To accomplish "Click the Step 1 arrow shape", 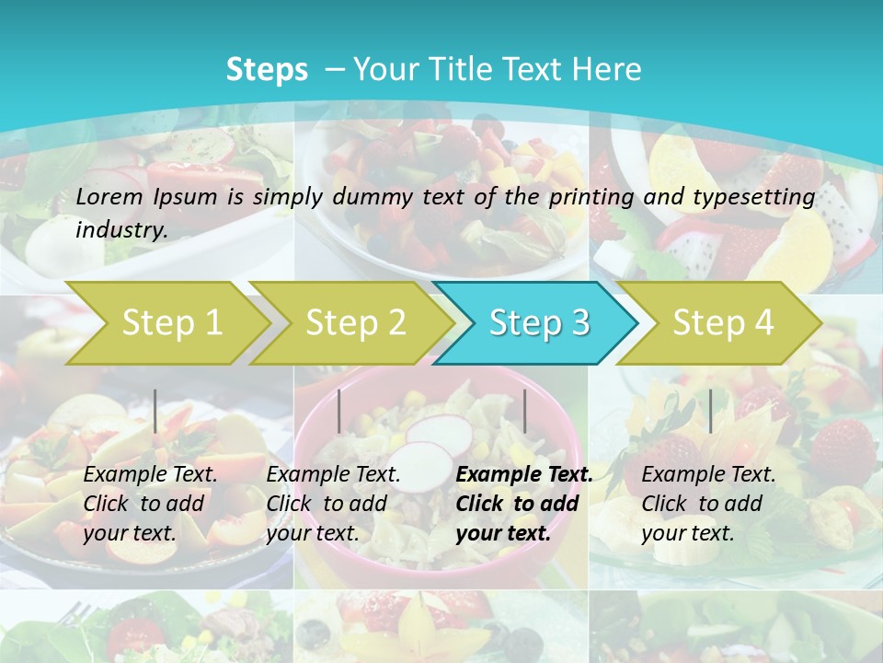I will click(170, 323).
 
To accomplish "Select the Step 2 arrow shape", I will click(355, 323).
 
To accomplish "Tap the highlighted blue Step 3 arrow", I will click(539, 323).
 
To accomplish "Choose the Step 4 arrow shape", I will click(723, 323).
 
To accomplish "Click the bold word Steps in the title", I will click(267, 70).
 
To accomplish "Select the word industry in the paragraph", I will click(120, 230).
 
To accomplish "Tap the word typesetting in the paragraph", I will click(759, 196).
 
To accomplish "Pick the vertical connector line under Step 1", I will click(155, 411).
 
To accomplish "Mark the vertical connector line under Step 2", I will click(339, 411).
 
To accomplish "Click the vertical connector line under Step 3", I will click(524, 411).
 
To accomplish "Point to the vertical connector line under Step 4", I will click(710, 411).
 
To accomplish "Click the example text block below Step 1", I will click(150, 504).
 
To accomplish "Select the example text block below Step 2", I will click(333, 504).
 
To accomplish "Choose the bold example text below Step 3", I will click(524, 504).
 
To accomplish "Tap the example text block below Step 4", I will click(708, 504).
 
